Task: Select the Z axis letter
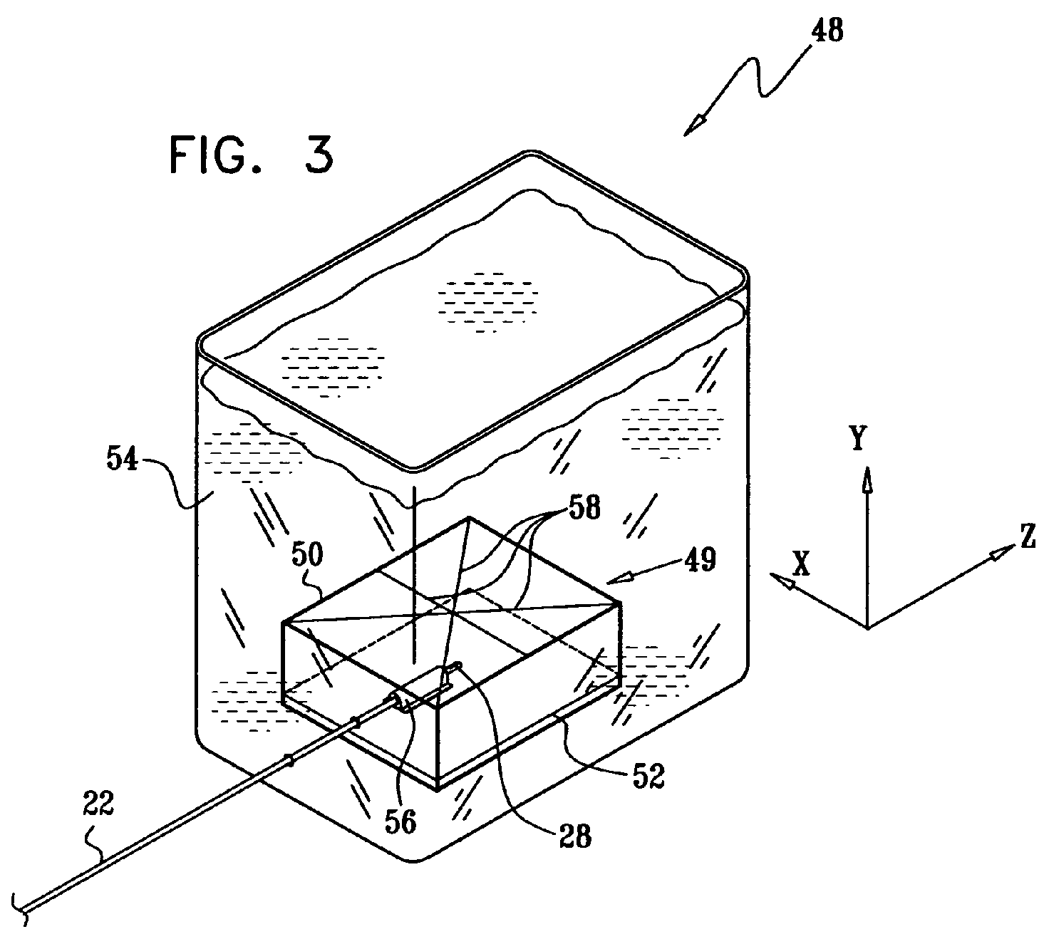point(1027,538)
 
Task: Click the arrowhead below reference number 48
point(692,126)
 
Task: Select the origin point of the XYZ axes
point(867,628)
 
